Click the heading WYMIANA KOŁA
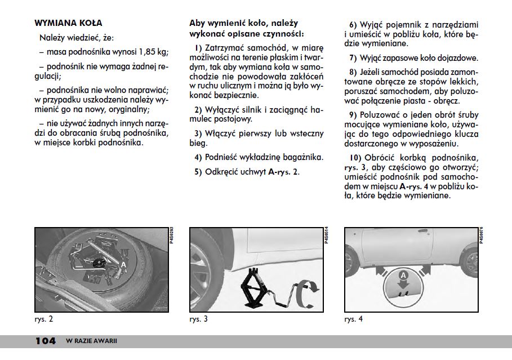tap(68, 24)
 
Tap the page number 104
tap(45, 341)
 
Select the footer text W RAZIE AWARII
tap(91, 341)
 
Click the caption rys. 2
tap(43, 319)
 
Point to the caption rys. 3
tap(198, 319)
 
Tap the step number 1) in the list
tap(198, 47)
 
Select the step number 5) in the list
tap(198, 172)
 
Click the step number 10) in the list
tap(355, 157)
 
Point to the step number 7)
tap(353, 58)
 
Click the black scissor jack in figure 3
tap(252, 287)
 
